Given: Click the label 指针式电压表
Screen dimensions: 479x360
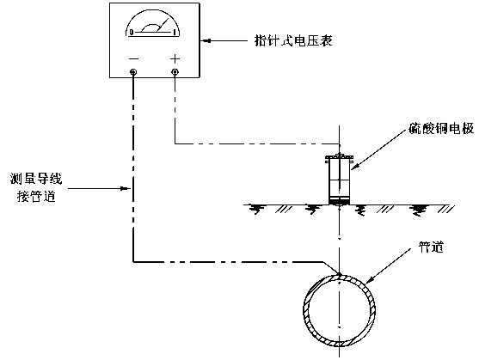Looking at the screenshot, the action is [293, 40].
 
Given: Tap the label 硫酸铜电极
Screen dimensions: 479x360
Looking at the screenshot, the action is [441, 129].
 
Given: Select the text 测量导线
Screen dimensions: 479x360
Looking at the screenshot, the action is [36, 179].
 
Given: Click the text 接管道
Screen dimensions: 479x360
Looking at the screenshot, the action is [36, 196].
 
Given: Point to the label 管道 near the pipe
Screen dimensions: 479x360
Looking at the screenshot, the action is [431, 247].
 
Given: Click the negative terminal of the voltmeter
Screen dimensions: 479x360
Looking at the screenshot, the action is [133, 72].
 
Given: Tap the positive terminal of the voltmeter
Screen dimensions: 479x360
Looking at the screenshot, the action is [175, 72].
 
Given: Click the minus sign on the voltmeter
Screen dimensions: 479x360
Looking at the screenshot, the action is [133, 58].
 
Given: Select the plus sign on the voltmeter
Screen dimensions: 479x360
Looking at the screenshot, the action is [175, 58].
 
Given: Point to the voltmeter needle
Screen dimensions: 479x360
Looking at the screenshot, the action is [163, 25].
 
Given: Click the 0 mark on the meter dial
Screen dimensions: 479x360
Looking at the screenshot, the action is [132, 32].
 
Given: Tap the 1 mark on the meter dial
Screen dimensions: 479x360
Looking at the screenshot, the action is [175, 32].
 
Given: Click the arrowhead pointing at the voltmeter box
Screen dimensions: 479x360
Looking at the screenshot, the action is [206, 40].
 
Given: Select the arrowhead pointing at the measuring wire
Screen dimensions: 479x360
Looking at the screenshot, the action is [126, 188].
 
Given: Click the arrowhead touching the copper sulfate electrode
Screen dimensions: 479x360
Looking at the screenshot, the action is [354, 167].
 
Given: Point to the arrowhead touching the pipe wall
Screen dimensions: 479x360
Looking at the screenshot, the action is [370, 279].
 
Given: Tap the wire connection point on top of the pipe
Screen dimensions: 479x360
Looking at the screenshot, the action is [339, 273].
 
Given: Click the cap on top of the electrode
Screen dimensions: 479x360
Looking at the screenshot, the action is [339, 157].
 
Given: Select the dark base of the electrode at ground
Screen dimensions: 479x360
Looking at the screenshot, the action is [339, 201].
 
